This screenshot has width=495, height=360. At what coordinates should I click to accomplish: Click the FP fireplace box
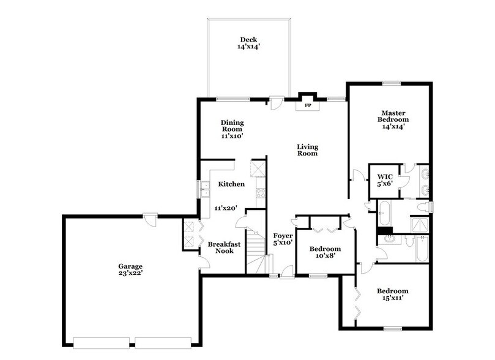pos(308,105)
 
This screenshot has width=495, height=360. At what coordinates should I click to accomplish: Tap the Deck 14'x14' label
pos(248,43)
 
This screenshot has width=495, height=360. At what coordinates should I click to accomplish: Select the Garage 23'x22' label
pos(130,270)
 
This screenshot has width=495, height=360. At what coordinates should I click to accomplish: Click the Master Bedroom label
pos(395,119)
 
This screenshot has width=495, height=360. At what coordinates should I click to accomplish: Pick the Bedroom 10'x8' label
pos(324,252)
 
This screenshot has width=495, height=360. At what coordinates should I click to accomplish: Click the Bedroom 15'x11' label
pos(393,294)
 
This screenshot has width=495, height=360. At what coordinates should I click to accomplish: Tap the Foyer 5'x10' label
pos(283,239)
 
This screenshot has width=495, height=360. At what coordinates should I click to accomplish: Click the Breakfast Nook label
pos(224,247)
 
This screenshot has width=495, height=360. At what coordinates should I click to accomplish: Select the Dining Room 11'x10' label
pos(232,129)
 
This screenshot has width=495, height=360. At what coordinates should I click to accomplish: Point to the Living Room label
pos(307,150)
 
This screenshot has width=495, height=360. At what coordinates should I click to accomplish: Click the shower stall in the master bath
pos(417,223)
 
